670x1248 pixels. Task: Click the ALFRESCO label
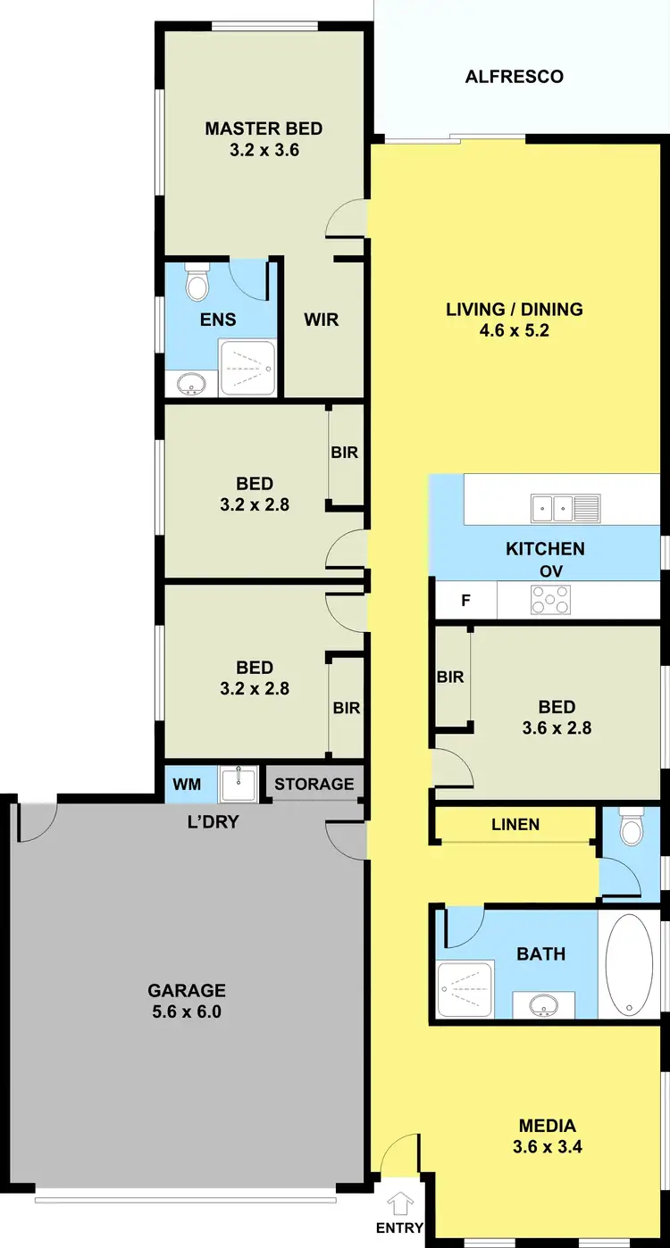pyautogui.click(x=515, y=77)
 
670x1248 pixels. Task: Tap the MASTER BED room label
pyautogui.click(x=264, y=129)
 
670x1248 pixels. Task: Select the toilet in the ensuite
pyautogui.click(x=197, y=283)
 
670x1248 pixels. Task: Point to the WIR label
pyautogui.click(x=322, y=319)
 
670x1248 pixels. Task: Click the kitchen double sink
pyautogui.click(x=553, y=508)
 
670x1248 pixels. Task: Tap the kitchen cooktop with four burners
pyautogui.click(x=551, y=599)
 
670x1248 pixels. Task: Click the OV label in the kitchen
pyautogui.click(x=550, y=571)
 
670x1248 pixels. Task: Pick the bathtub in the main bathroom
pyautogui.click(x=629, y=964)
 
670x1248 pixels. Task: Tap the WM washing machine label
pyautogui.click(x=187, y=785)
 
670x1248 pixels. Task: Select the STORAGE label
pyautogui.click(x=314, y=784)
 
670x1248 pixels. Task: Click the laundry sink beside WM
pyautogui.click(x=239, y=784)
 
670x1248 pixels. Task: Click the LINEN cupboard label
pyautogui.click(x=515, y=824)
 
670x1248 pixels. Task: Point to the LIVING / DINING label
pyautogui.click(x=515, y=309)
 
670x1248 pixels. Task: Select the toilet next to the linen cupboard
pyautogui.click(x=632, y=829)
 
